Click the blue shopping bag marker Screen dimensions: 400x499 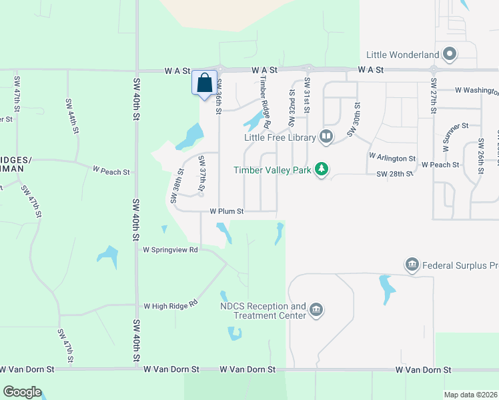[205, 83]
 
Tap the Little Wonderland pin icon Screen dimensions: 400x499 [450, 55]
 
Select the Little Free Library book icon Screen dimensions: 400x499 [326, 137]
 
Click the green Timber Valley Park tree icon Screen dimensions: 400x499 [322, 169]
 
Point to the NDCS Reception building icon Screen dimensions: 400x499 [316, 311]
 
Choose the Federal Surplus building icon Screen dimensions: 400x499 [412, 265]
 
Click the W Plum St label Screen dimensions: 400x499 [227, 211]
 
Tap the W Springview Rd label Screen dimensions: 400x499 [171, 250]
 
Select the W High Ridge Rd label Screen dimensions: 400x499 [171, 305]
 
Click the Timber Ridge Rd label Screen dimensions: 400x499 [265, 102]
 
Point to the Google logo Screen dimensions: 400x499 [23, 392]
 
